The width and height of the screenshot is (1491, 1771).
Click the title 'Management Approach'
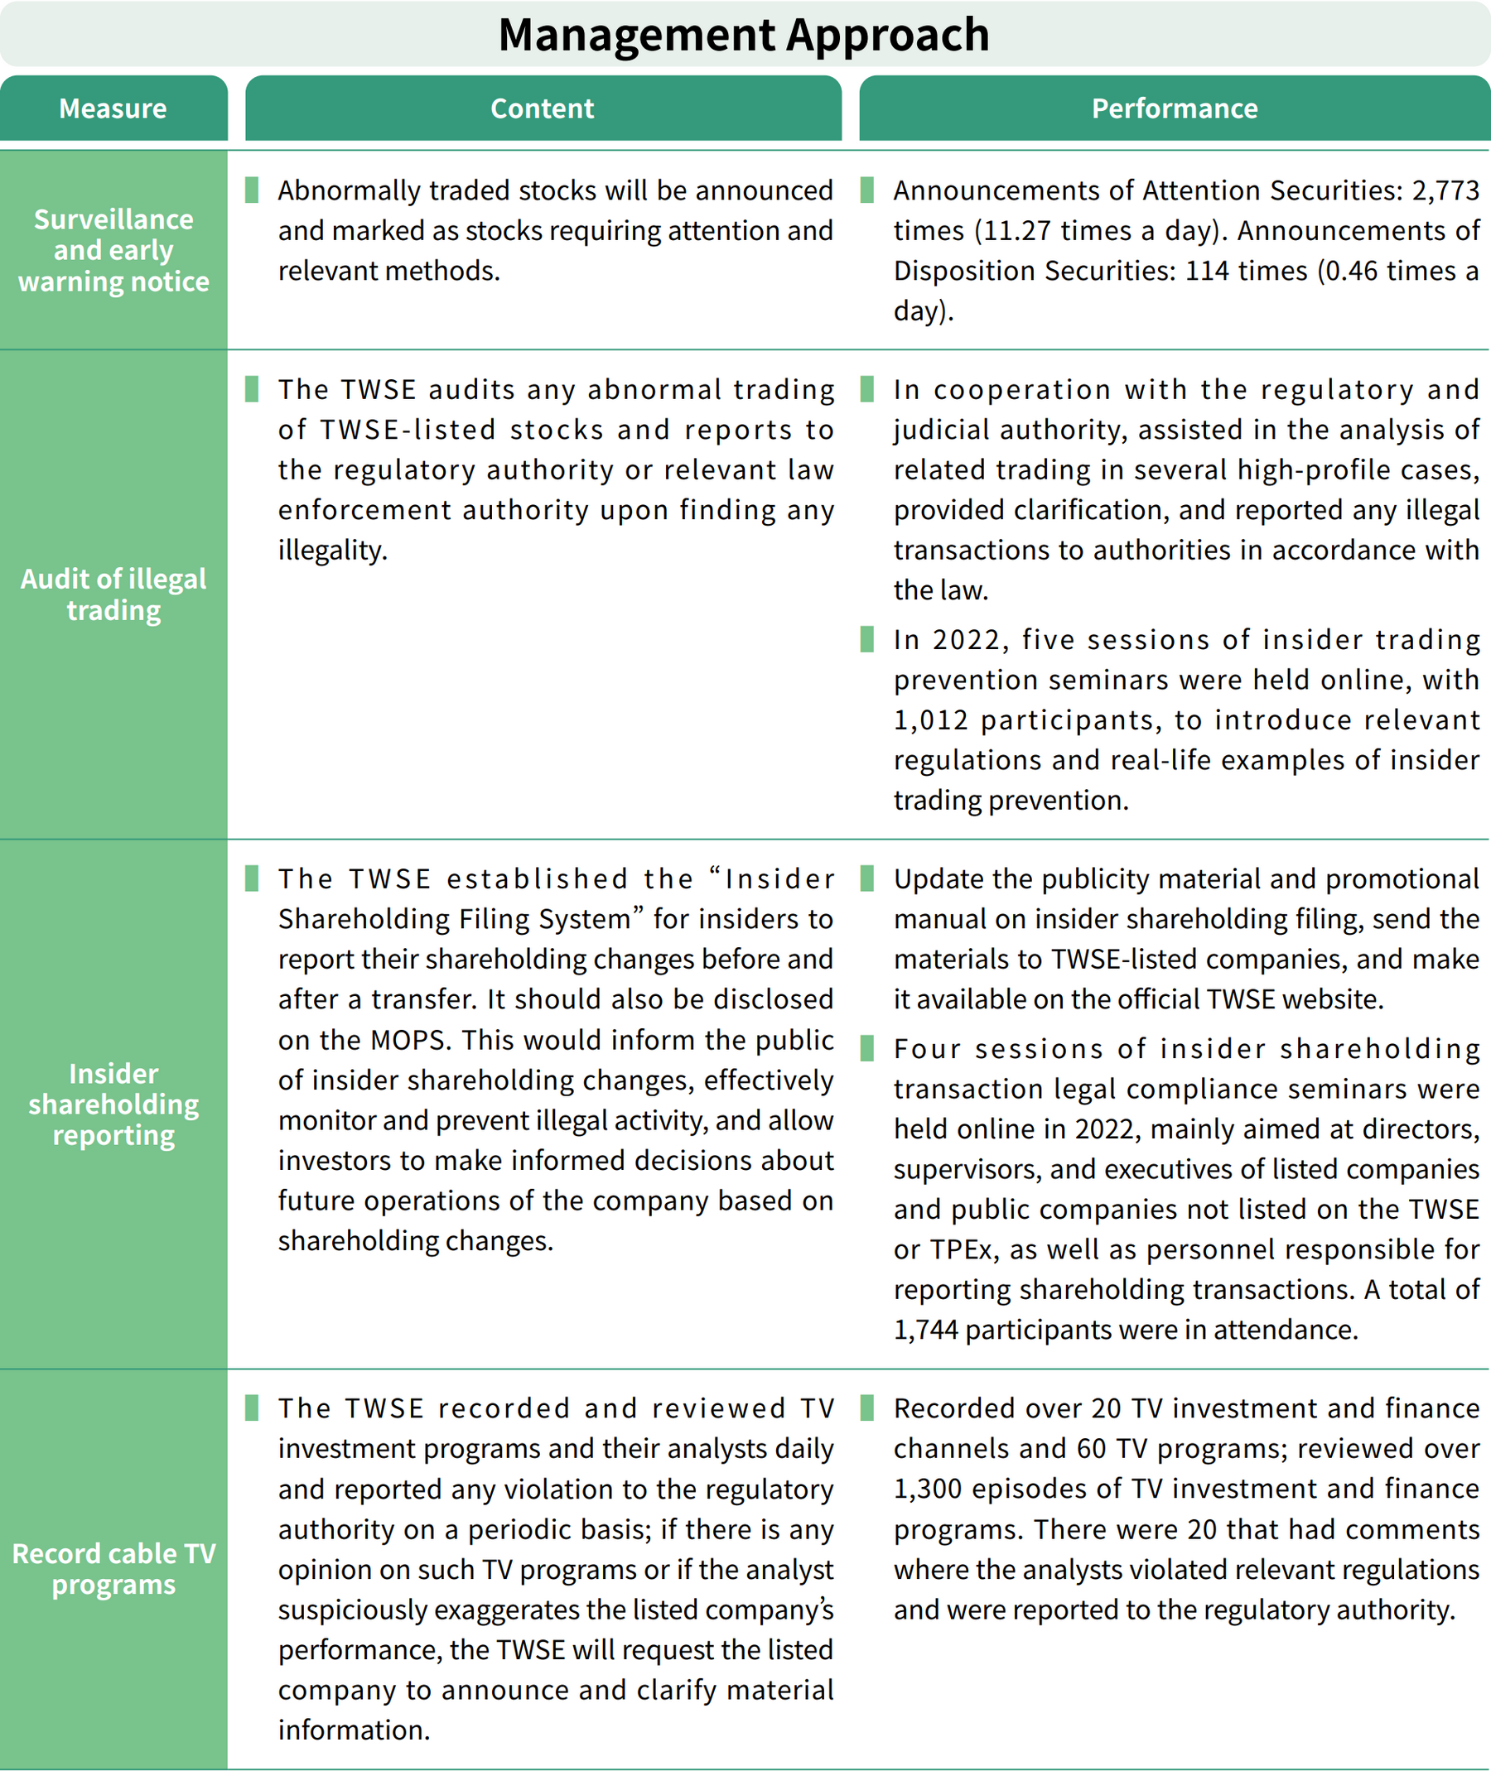tap(744, 35)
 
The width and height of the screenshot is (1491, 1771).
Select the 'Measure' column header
tap(113, 108)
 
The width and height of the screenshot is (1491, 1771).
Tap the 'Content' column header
tap(543, 108)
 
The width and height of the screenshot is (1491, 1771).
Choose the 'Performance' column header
tap(1174, 108)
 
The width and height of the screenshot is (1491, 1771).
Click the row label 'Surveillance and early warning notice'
tap(113, 250)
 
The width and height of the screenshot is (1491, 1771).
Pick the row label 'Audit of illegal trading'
tap(113, 594)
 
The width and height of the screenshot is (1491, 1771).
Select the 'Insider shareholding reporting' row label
tap(113, 1104)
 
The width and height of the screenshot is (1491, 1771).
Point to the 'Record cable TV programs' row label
tap(113, 1568)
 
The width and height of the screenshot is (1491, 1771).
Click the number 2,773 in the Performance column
tap(1445, 191)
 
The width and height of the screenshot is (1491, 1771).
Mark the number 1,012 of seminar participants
tap(930, 719)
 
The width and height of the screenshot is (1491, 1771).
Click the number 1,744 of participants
tap(925, 1330)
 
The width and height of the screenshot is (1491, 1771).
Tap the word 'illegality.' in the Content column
tap(332, 551)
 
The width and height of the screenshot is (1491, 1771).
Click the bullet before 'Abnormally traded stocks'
tap(251, 190)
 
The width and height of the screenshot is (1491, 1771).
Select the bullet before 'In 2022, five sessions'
tap(866, 639)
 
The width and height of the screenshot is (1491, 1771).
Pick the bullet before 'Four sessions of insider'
tap(866, 1048)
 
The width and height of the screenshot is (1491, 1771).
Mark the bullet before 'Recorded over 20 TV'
tap(866, 1408)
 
